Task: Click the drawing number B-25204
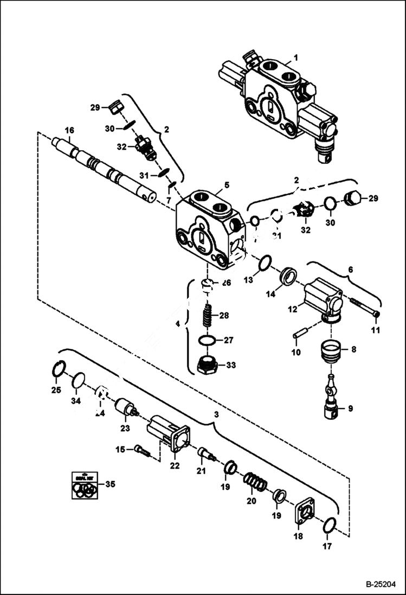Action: click(x=381, y=584)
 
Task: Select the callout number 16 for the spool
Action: click(x=69, y=130)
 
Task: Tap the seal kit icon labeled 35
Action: click(x=85, y=485)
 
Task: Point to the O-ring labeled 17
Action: click(x=329, y=525)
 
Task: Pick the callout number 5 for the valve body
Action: click(x=227, y=185)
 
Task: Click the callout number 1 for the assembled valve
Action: click(x=295, y=57)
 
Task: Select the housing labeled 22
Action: click(x=169, y=433)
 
